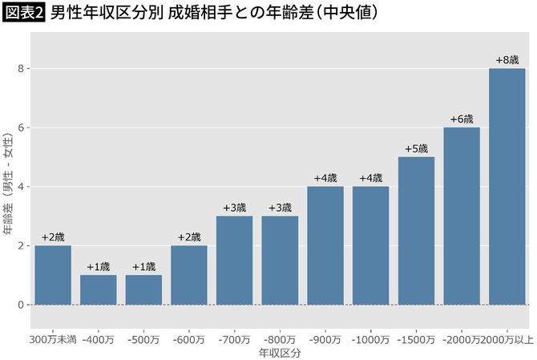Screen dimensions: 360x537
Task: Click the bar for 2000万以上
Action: click(x=507, y=187)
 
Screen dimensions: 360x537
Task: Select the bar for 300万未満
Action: click(x=53, y=275)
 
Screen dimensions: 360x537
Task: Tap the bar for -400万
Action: click(x=99, y=289)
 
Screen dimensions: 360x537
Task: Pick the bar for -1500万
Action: click(x=416, y=231)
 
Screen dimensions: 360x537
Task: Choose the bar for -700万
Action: click(x=234, y=261)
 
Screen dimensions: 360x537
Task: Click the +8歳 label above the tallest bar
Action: click(x=507, y=60)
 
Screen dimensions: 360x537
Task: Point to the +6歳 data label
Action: click(x=462, y=119)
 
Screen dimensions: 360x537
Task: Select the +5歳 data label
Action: click(x=416, y=148)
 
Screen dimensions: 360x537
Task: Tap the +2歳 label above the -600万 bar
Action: click(x=189, y=237)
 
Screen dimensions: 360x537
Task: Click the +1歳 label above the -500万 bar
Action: click(x=144, y=267)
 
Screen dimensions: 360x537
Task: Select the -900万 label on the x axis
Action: click(x=325, y=339)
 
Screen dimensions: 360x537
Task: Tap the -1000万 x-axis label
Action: click(x=371, y=339)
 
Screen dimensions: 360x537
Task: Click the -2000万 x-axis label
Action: click(x=461, y=339)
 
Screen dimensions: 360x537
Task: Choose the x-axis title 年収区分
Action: click(x=280, y=352)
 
